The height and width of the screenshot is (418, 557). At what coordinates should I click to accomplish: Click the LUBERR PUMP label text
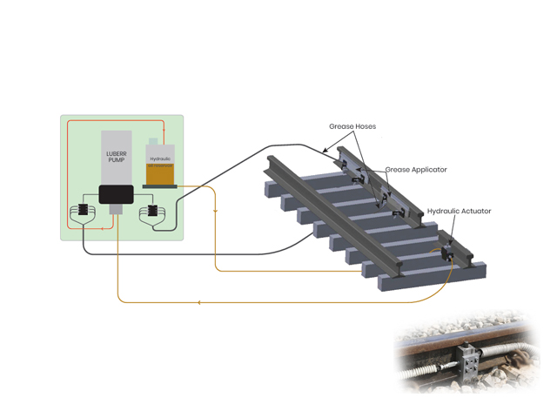click(116, 158)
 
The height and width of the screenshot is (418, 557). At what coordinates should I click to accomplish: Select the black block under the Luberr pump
click(116, 194)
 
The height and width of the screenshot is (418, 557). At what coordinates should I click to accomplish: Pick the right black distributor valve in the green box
click(151, 212)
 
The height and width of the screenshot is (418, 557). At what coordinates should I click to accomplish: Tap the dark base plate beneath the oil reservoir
click(159, 185)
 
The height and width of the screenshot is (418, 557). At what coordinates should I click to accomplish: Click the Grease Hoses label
click(352, 126)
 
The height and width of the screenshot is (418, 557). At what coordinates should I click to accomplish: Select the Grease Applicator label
click(416, 170)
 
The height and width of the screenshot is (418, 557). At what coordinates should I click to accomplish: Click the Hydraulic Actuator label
click(459, 212)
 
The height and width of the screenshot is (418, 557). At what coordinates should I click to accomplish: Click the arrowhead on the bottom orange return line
click(200, 302)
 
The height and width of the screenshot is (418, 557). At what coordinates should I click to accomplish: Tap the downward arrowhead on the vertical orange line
click(215, 209)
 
